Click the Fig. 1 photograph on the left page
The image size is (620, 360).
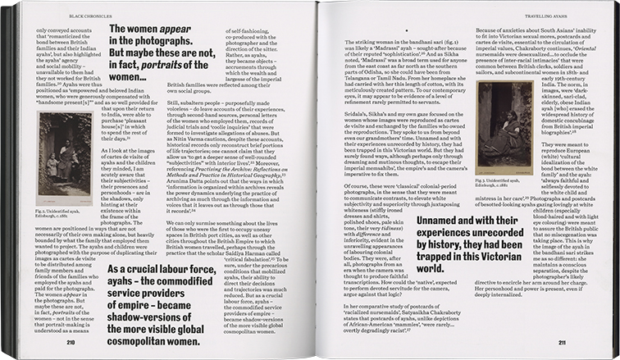[63, 159]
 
